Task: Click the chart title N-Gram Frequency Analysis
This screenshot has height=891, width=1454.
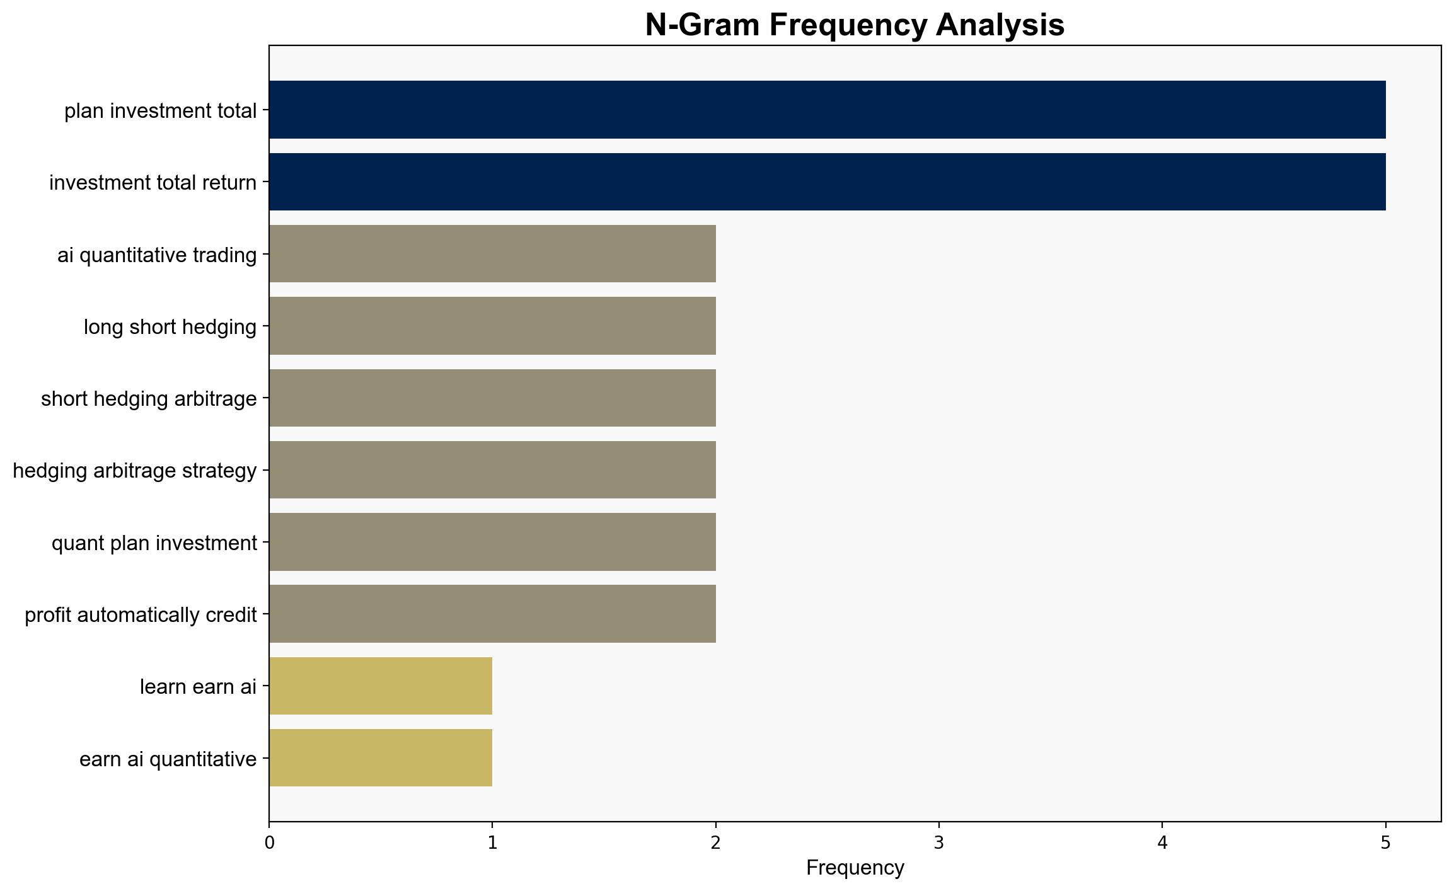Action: tap(855, 25)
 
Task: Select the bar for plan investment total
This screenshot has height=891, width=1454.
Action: tap(827, 110)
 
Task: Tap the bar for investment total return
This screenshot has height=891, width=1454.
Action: tap(827, 181)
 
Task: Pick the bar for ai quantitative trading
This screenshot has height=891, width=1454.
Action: tap(493, 254)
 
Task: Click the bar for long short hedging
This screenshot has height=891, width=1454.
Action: tap(493, 326)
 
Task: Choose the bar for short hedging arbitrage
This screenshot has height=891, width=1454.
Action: tap(493, 398)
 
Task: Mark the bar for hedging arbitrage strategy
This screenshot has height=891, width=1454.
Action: tap(493, 469)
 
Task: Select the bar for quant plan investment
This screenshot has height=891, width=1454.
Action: tap(493, 542)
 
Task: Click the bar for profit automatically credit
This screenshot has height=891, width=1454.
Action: tap(493, 614)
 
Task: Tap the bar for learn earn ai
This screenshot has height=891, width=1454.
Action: tap(381, 686)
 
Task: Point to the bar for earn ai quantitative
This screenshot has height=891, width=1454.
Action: tap(381, 758)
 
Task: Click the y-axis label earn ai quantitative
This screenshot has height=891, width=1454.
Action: tap(168, 759)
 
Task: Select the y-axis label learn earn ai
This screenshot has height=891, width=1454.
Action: tap(199, 687)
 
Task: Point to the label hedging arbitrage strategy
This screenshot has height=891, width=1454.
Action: tap(135, 471)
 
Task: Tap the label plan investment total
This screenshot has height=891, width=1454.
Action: tap(161, 111)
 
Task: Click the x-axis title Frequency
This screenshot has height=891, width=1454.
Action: tap(855, 868)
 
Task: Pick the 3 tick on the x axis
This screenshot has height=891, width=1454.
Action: tap(939, 843)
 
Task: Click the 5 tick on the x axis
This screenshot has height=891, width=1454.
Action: tap(1385, 843)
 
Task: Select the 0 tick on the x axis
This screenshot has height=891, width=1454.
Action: tap(270, 843)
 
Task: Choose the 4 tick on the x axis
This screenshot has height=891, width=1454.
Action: tap(1162, 843)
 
